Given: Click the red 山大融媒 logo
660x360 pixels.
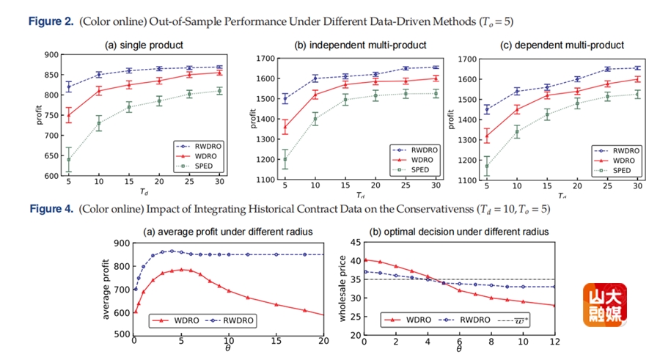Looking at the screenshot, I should tap(606, 306).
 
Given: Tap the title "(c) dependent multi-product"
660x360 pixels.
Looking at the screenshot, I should tap(562, 45).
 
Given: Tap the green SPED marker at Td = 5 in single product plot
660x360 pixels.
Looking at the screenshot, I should tap(68, 159).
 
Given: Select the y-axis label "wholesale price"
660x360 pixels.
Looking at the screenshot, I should tap(341, 288).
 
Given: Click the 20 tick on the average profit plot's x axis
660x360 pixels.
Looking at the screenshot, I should tap(323, 341).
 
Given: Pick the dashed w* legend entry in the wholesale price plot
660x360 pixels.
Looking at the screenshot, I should tap(521, 320).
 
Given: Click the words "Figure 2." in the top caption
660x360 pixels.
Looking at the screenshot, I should tap(51, 21).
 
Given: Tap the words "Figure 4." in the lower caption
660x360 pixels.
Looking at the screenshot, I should tap(51, 210).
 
